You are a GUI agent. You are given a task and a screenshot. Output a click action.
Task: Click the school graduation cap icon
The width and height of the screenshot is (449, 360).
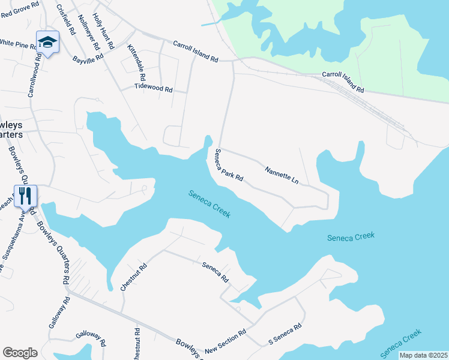pyautogui.click(x=47, y=42)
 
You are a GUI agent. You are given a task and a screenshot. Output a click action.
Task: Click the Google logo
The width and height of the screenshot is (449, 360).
pyautogui.click(x=20, y=353)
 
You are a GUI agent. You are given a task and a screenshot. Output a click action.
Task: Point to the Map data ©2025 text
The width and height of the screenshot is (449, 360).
pyautogui.click(x=423, y=355)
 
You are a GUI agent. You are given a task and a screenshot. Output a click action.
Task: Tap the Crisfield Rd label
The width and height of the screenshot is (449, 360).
pyautogui.click(x=65, y=19)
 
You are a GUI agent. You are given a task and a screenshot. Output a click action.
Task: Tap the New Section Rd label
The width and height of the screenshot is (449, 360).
pyautogui.click(x=225, y=341)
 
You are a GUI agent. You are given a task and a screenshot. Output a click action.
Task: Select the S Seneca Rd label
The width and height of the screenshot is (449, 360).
pyautogui.click(x=284, y=334)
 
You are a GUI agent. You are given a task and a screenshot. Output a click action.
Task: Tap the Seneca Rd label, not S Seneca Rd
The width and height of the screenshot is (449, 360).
pyautogui.click(x=215, y=272)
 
